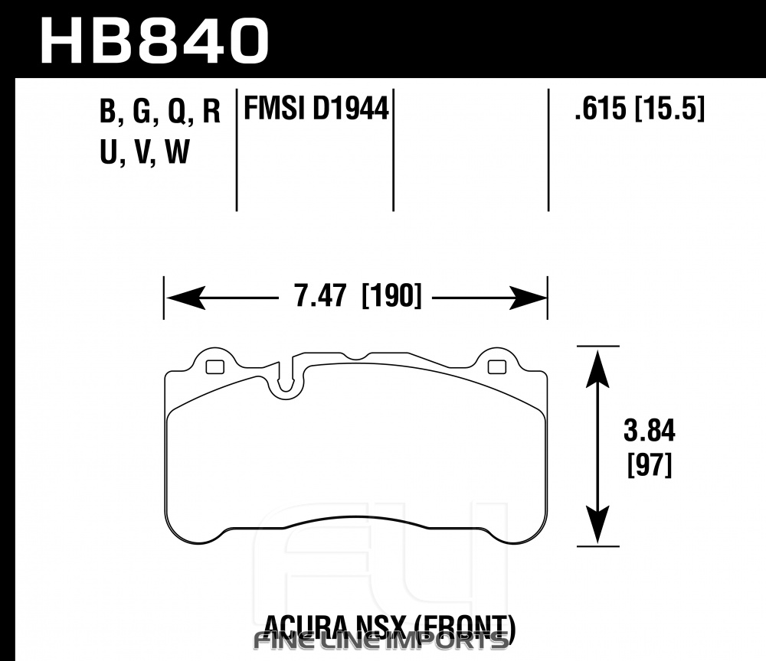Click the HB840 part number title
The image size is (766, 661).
tap(155, 41)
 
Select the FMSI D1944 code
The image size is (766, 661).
tap(316, 108)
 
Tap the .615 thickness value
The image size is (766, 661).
tap(601, 108)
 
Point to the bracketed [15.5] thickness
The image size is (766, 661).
tap(669, 109)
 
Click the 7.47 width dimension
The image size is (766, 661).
tap(320, 295)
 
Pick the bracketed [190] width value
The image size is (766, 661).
tap(391, 295)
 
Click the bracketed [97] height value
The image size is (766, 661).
tap(650, 465)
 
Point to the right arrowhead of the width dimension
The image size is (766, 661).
tap(527, 297)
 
